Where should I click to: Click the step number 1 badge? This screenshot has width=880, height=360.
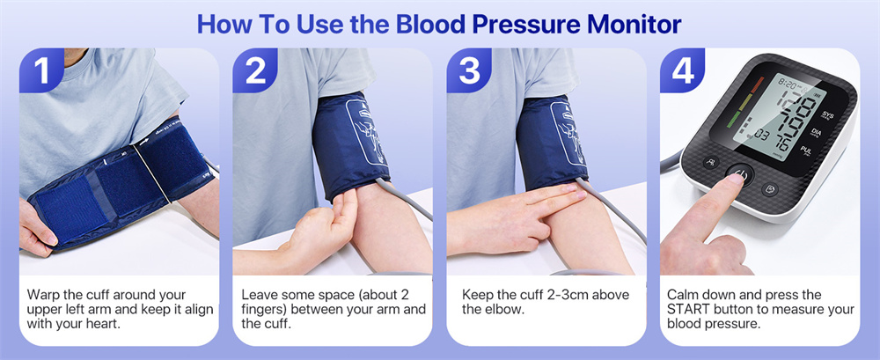pos(41,70)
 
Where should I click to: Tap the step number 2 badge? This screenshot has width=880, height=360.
pos(255,70)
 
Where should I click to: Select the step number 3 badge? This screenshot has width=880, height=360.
pos(469,70)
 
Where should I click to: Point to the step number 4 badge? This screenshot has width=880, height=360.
pos(682,70)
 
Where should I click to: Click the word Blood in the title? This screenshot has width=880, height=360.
pos(433,24)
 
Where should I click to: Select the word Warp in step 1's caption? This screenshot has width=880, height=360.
pos(44,296)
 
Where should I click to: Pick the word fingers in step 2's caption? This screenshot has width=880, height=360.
pos(263,310)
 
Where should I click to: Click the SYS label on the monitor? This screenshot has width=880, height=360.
pos(827,115)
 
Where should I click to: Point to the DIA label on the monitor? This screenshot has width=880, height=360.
pos(817,133)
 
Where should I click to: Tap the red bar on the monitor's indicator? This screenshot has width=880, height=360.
pos(757,84)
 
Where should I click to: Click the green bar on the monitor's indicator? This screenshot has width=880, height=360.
pos(734,121)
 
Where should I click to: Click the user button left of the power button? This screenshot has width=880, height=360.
pos(712,163)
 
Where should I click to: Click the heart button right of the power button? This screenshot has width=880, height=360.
pos(771,188)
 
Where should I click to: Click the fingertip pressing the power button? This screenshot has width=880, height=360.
pos(734,180)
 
